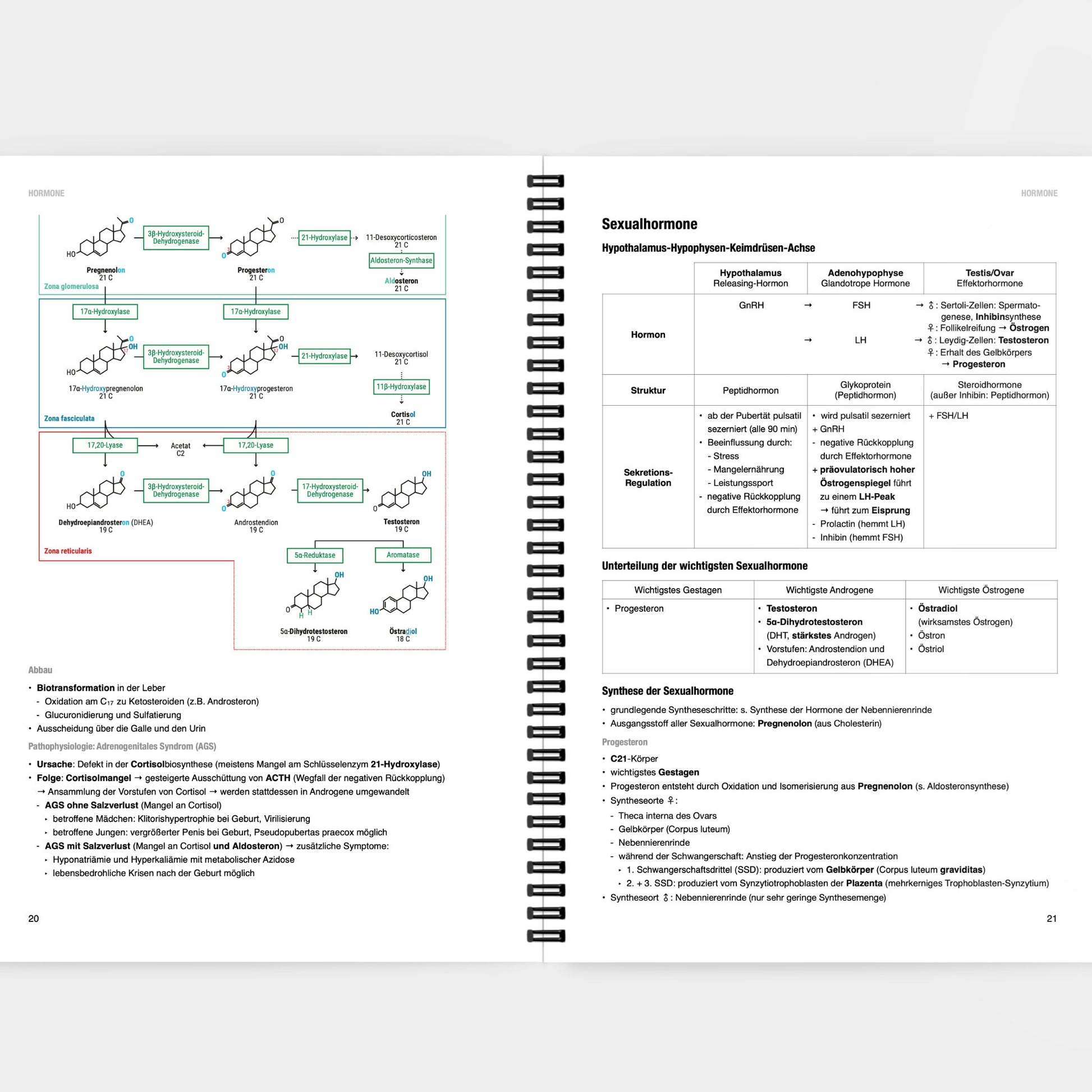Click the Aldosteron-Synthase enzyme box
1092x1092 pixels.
click(x=401, y=260)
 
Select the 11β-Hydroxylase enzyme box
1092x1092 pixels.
click(x=401, y=387)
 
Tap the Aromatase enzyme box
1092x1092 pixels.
click(x=403, y=555)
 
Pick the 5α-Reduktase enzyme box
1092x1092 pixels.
click(x=315, y=556)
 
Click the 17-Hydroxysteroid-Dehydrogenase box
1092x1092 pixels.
click(x=330, y=490)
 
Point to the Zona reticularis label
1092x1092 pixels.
click(x=68, y=551)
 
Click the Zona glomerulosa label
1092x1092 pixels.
click(x=71, y=287)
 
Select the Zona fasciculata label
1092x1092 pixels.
click(x=70, y=419)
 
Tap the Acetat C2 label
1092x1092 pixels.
click(x=180, y=449)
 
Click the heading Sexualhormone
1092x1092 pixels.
click(x=649, y=224)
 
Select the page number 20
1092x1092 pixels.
click(x=34, y=919)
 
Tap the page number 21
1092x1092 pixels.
click(x=1051, y=919)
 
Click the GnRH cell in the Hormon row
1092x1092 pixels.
click(x=751, y=305)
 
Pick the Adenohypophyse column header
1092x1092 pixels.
click(x=865, y=278)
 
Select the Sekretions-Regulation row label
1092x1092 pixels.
click(x=648, y=478)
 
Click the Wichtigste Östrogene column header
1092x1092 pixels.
click(x=981, y=590)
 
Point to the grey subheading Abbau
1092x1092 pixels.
click(x=40, y=671)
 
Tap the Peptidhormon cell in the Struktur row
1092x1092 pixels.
click(x=751, y=391)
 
